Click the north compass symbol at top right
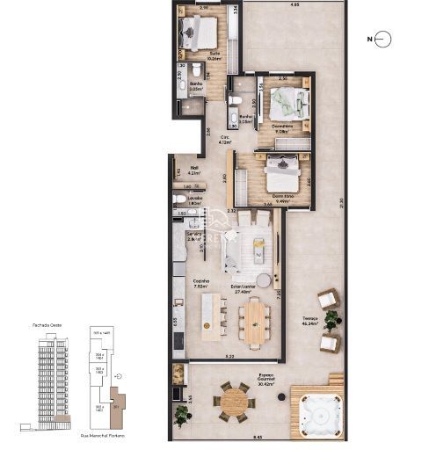click(382, 40)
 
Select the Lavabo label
click(193, 199)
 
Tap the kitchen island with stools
click(214, 317)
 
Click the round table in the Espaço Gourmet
click(234, 402)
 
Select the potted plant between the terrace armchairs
click(331, 321)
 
